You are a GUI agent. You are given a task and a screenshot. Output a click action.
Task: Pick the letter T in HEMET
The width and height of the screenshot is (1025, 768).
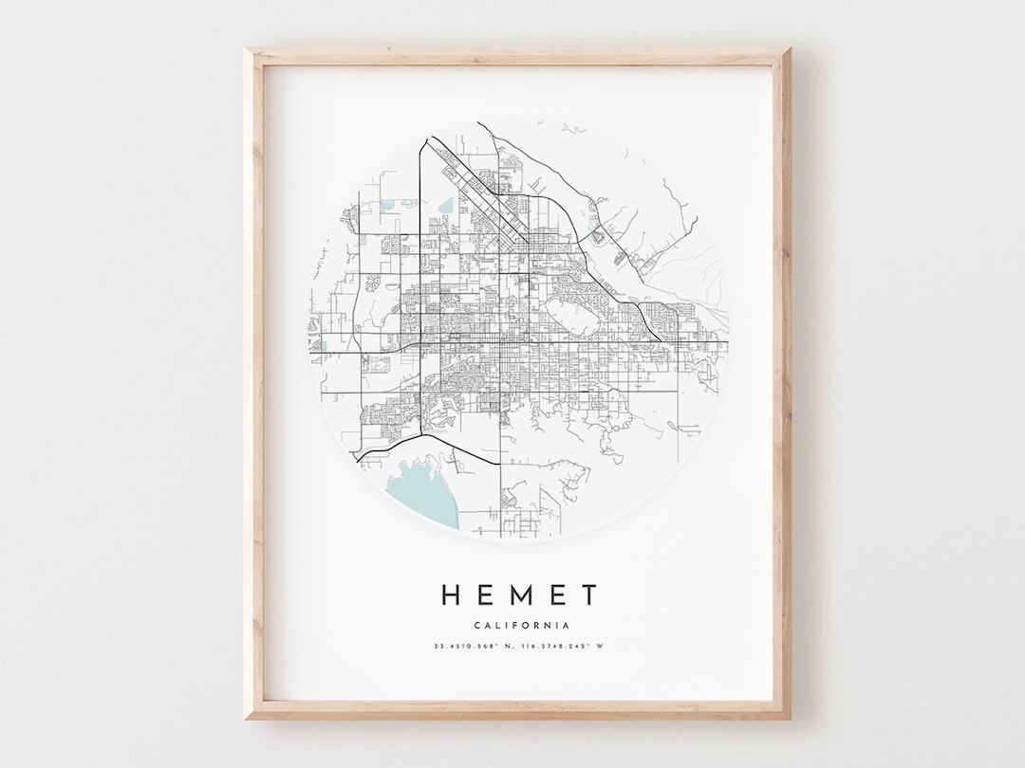590,594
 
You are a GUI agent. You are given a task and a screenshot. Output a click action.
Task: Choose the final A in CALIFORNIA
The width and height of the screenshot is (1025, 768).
567,625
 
